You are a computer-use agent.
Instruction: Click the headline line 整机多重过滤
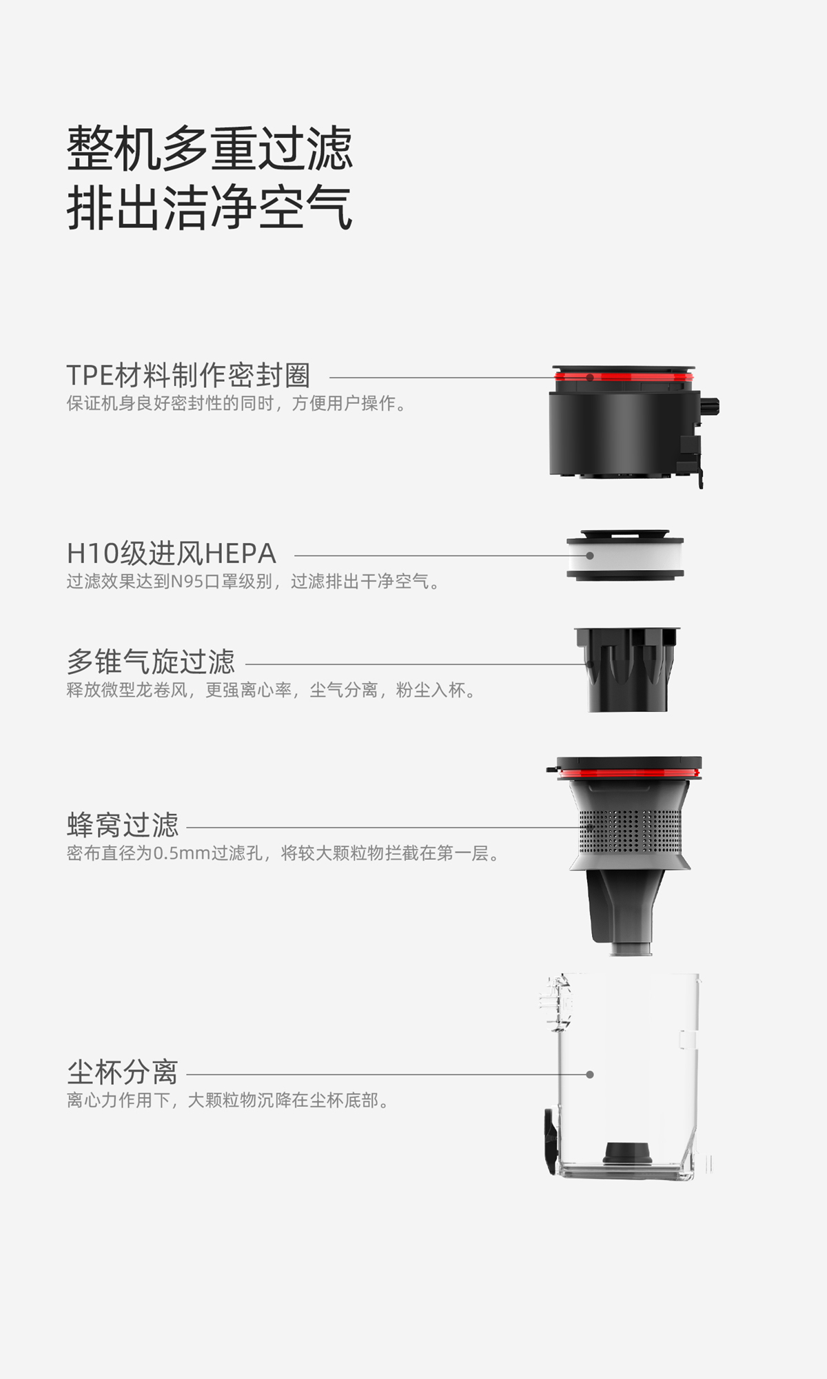point(210,148)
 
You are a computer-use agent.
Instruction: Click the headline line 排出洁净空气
point(210,207)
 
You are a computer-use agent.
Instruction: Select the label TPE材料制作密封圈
point(188,376)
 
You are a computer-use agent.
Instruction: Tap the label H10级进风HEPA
point(171,553)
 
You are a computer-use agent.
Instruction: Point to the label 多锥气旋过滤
point(150,662)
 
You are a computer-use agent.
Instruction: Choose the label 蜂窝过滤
point(123,825)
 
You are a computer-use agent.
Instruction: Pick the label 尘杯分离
point(123,1072)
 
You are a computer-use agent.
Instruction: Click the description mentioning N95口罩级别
point(252,582)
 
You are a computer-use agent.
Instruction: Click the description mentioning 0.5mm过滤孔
point(283,853)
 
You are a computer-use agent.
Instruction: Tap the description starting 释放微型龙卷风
point(271,690)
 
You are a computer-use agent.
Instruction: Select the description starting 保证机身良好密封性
point(236,403)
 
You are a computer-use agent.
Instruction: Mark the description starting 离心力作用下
point(227,1100)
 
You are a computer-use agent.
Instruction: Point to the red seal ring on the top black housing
point(624,377)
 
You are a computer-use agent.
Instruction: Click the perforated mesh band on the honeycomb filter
point(630,830)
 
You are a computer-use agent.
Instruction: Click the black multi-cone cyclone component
point(627,669)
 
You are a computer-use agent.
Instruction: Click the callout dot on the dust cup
point(590,1074)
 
